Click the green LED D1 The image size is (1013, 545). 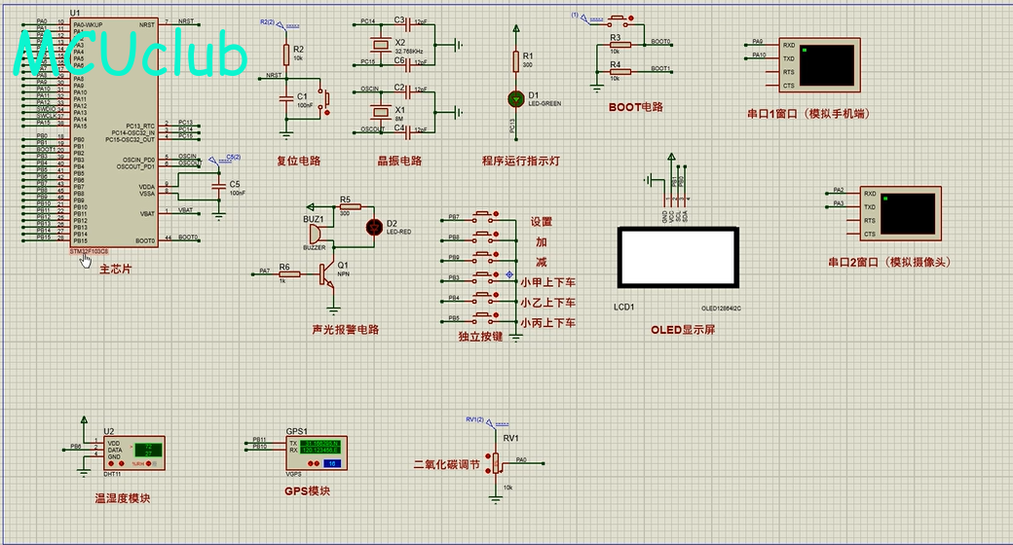(515, 98)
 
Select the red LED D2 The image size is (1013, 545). (374, 227)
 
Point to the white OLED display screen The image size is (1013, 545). (679, 257)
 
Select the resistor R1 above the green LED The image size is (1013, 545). (515, 60)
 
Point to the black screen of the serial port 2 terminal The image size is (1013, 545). (908, 213)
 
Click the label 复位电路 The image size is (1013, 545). (299, 162)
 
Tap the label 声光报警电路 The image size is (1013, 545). (346, 330)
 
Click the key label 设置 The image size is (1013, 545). (542, 222)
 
